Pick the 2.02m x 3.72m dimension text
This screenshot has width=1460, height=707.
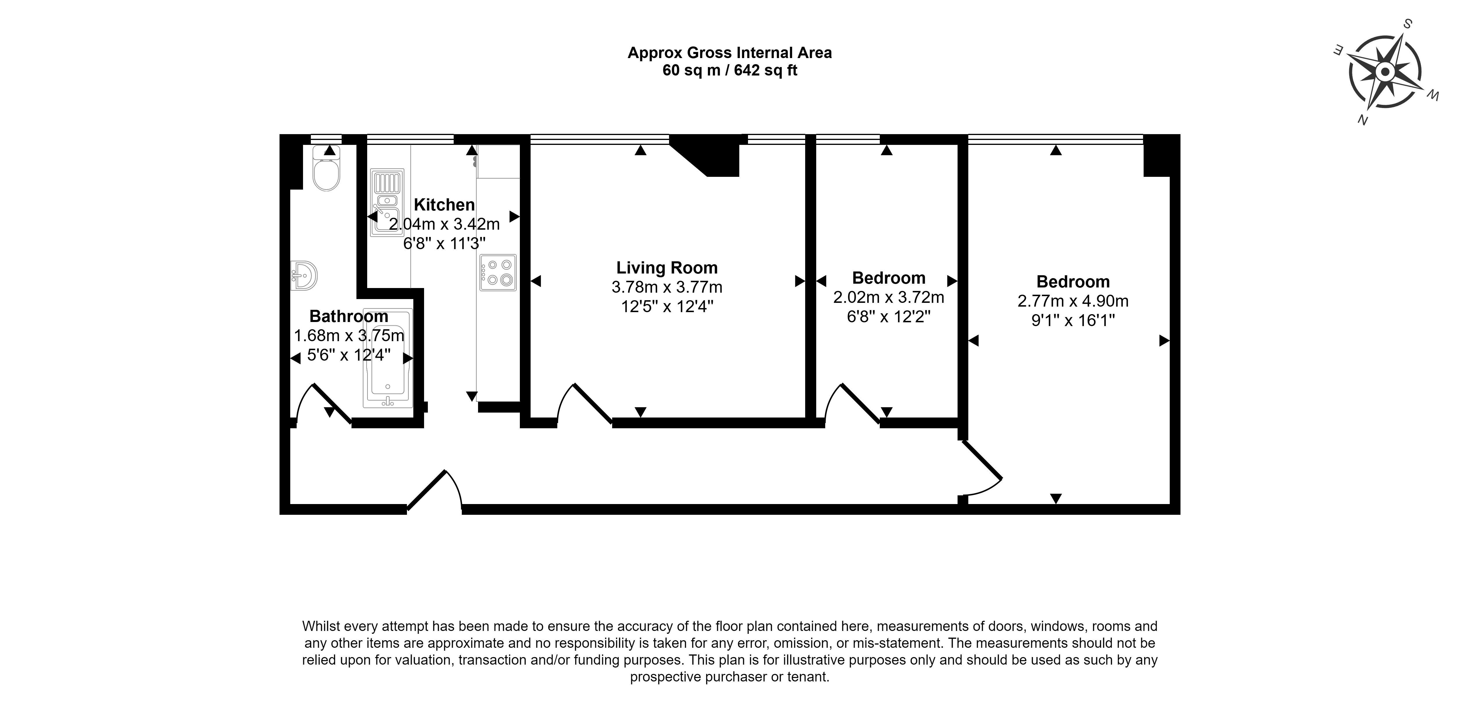pos(888,297)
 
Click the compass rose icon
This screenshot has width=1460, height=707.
pos(1385,72)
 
